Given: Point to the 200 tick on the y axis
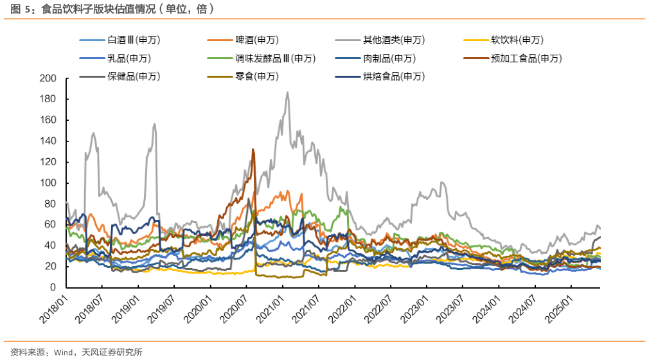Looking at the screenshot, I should [48, 78].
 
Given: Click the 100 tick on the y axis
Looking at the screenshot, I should [48, 183].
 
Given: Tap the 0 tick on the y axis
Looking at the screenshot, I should [53, 287].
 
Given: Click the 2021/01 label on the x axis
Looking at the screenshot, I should [272, 307].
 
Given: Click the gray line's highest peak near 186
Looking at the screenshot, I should [287, 93].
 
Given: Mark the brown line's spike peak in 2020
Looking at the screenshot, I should [253, 150].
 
